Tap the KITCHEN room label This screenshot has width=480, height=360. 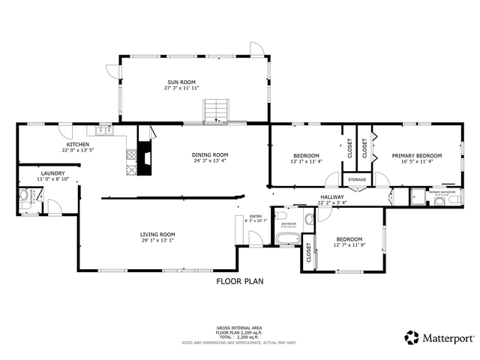(x=78, y=144)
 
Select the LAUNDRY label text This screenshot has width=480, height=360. (x=53, y=173)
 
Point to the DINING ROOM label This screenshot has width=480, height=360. (x=211, y=154)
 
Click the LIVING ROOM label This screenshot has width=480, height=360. (x=157, y=234)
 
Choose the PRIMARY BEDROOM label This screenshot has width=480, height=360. (x=417, y=155)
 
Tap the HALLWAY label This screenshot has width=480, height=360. (x=331, y=197)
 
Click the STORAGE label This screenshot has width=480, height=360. (x=357, y=180)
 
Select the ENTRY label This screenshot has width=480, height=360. (x=256, y=216)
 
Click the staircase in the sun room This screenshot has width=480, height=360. (x=216, y=109)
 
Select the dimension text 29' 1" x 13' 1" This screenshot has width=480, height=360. (x=157, y=241)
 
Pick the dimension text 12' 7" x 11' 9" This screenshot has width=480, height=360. (x=349, y=245)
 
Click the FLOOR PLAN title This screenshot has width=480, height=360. (x=240, y=282)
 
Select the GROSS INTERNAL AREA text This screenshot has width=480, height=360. (x=239, y=328)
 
